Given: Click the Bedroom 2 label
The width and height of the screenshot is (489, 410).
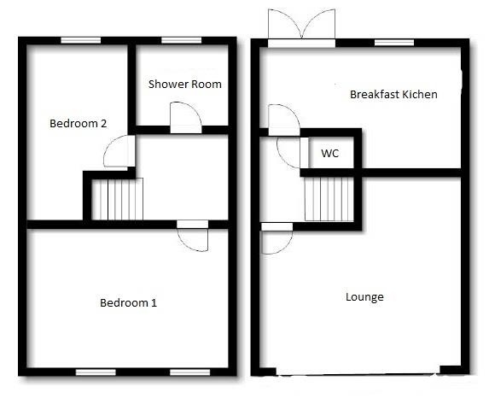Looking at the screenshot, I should click(78, 124).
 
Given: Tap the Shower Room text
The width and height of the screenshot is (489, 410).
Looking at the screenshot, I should click(185, 84).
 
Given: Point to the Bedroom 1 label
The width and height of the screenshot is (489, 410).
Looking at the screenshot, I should click(128, 302).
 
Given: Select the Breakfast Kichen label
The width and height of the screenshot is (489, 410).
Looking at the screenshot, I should click(393, 94).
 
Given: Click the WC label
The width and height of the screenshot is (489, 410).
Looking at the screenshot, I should click(330, 154).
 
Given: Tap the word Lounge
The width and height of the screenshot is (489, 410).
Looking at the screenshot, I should click(364, 297).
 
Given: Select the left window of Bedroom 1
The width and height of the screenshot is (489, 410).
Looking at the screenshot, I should click(96, 372).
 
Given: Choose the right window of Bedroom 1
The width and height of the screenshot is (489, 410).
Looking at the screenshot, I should click(190, 372).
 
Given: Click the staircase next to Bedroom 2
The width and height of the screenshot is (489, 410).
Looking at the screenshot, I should click(118, 199).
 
